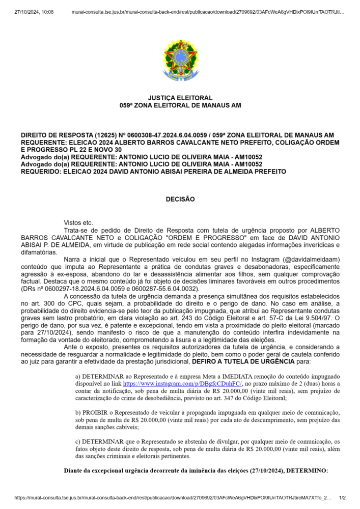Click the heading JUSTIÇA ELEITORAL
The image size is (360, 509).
point(180,98)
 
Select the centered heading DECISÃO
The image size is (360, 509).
point(180,200)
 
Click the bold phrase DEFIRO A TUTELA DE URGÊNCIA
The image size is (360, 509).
point(243,361)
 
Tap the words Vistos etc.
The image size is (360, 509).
point(79,223)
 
